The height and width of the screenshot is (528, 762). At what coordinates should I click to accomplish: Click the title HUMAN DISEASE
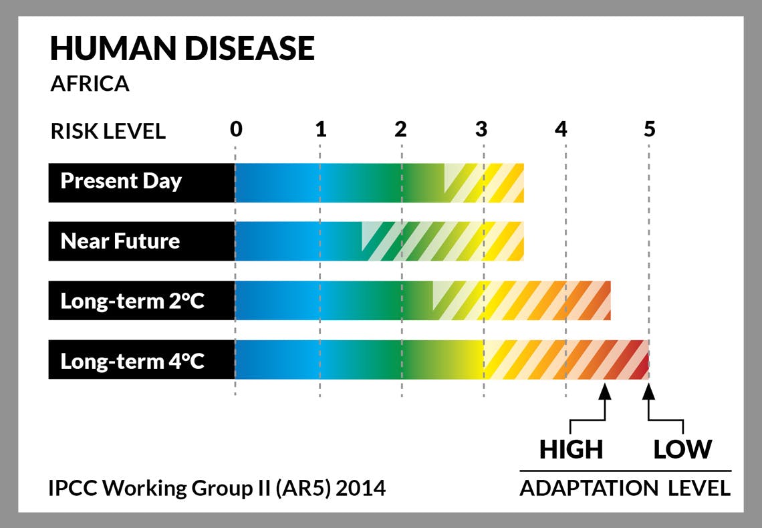pos(182,48)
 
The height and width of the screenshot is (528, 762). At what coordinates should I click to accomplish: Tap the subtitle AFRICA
pos(90,84)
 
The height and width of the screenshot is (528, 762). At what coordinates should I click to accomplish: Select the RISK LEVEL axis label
pos(108,131)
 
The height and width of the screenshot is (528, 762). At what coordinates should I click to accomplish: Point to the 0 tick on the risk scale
pos(236,129)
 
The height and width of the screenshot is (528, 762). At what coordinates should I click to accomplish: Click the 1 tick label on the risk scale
pos(321,129)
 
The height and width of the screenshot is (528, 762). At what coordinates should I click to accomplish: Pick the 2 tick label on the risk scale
pos(400,129)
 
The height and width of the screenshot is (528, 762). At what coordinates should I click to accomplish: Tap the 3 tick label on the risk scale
pos(481,129)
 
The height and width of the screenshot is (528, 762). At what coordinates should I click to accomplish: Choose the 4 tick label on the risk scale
pos(561,129)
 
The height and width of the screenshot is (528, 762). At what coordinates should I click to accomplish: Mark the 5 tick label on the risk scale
pos(650,129)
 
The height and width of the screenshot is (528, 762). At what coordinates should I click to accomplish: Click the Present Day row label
pos(121,181)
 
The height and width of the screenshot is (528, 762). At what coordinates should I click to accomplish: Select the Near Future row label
pos(120,241)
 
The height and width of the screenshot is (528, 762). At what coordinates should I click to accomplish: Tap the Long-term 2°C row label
pos(132,301)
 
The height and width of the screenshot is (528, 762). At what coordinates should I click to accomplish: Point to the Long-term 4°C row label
pos(132,362)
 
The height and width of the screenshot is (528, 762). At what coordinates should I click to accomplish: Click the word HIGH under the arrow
pos(571,449)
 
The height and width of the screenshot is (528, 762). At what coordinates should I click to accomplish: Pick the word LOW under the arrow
pos(682,449)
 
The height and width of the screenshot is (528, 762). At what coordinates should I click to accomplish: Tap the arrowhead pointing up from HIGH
pos(604,392)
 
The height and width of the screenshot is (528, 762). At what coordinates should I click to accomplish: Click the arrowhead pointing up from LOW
pos(649,392)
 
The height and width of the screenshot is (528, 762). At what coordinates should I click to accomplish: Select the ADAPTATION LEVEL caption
pos(625,488)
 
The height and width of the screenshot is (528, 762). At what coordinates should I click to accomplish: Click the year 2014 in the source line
pos(360,488)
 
